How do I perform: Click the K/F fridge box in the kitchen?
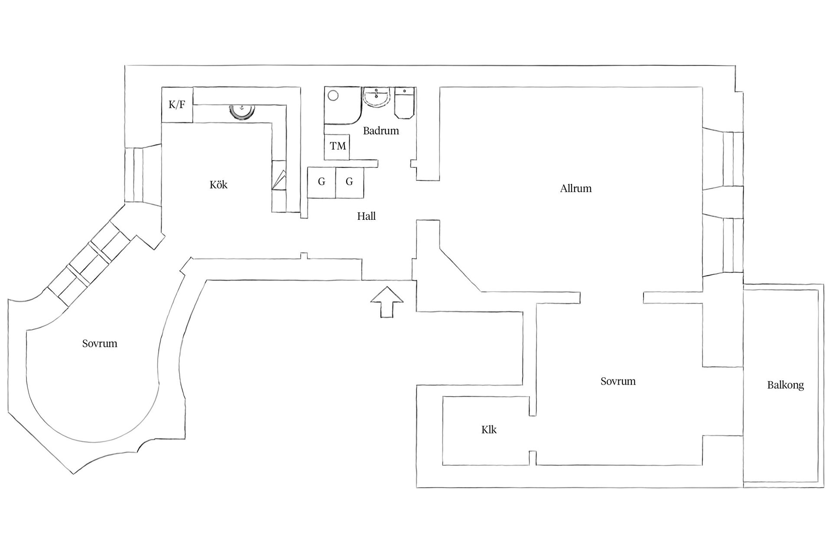(177, 104)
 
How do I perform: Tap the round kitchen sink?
(241, 111)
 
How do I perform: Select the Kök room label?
(218, 185)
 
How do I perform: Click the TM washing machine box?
(337, 146)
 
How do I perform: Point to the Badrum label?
(381, 131)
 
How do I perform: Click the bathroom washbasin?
(377, 97)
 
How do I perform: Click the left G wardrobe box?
(322, 183)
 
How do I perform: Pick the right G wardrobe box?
(350, 183)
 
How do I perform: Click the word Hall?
(366, 216)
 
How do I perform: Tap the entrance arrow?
(387, 302)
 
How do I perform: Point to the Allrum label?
(575, 188)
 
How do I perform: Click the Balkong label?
(785, 385)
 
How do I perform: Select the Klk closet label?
(489, 429)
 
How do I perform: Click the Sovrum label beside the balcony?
(618, 381)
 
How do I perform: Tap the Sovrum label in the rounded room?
(100, 343)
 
